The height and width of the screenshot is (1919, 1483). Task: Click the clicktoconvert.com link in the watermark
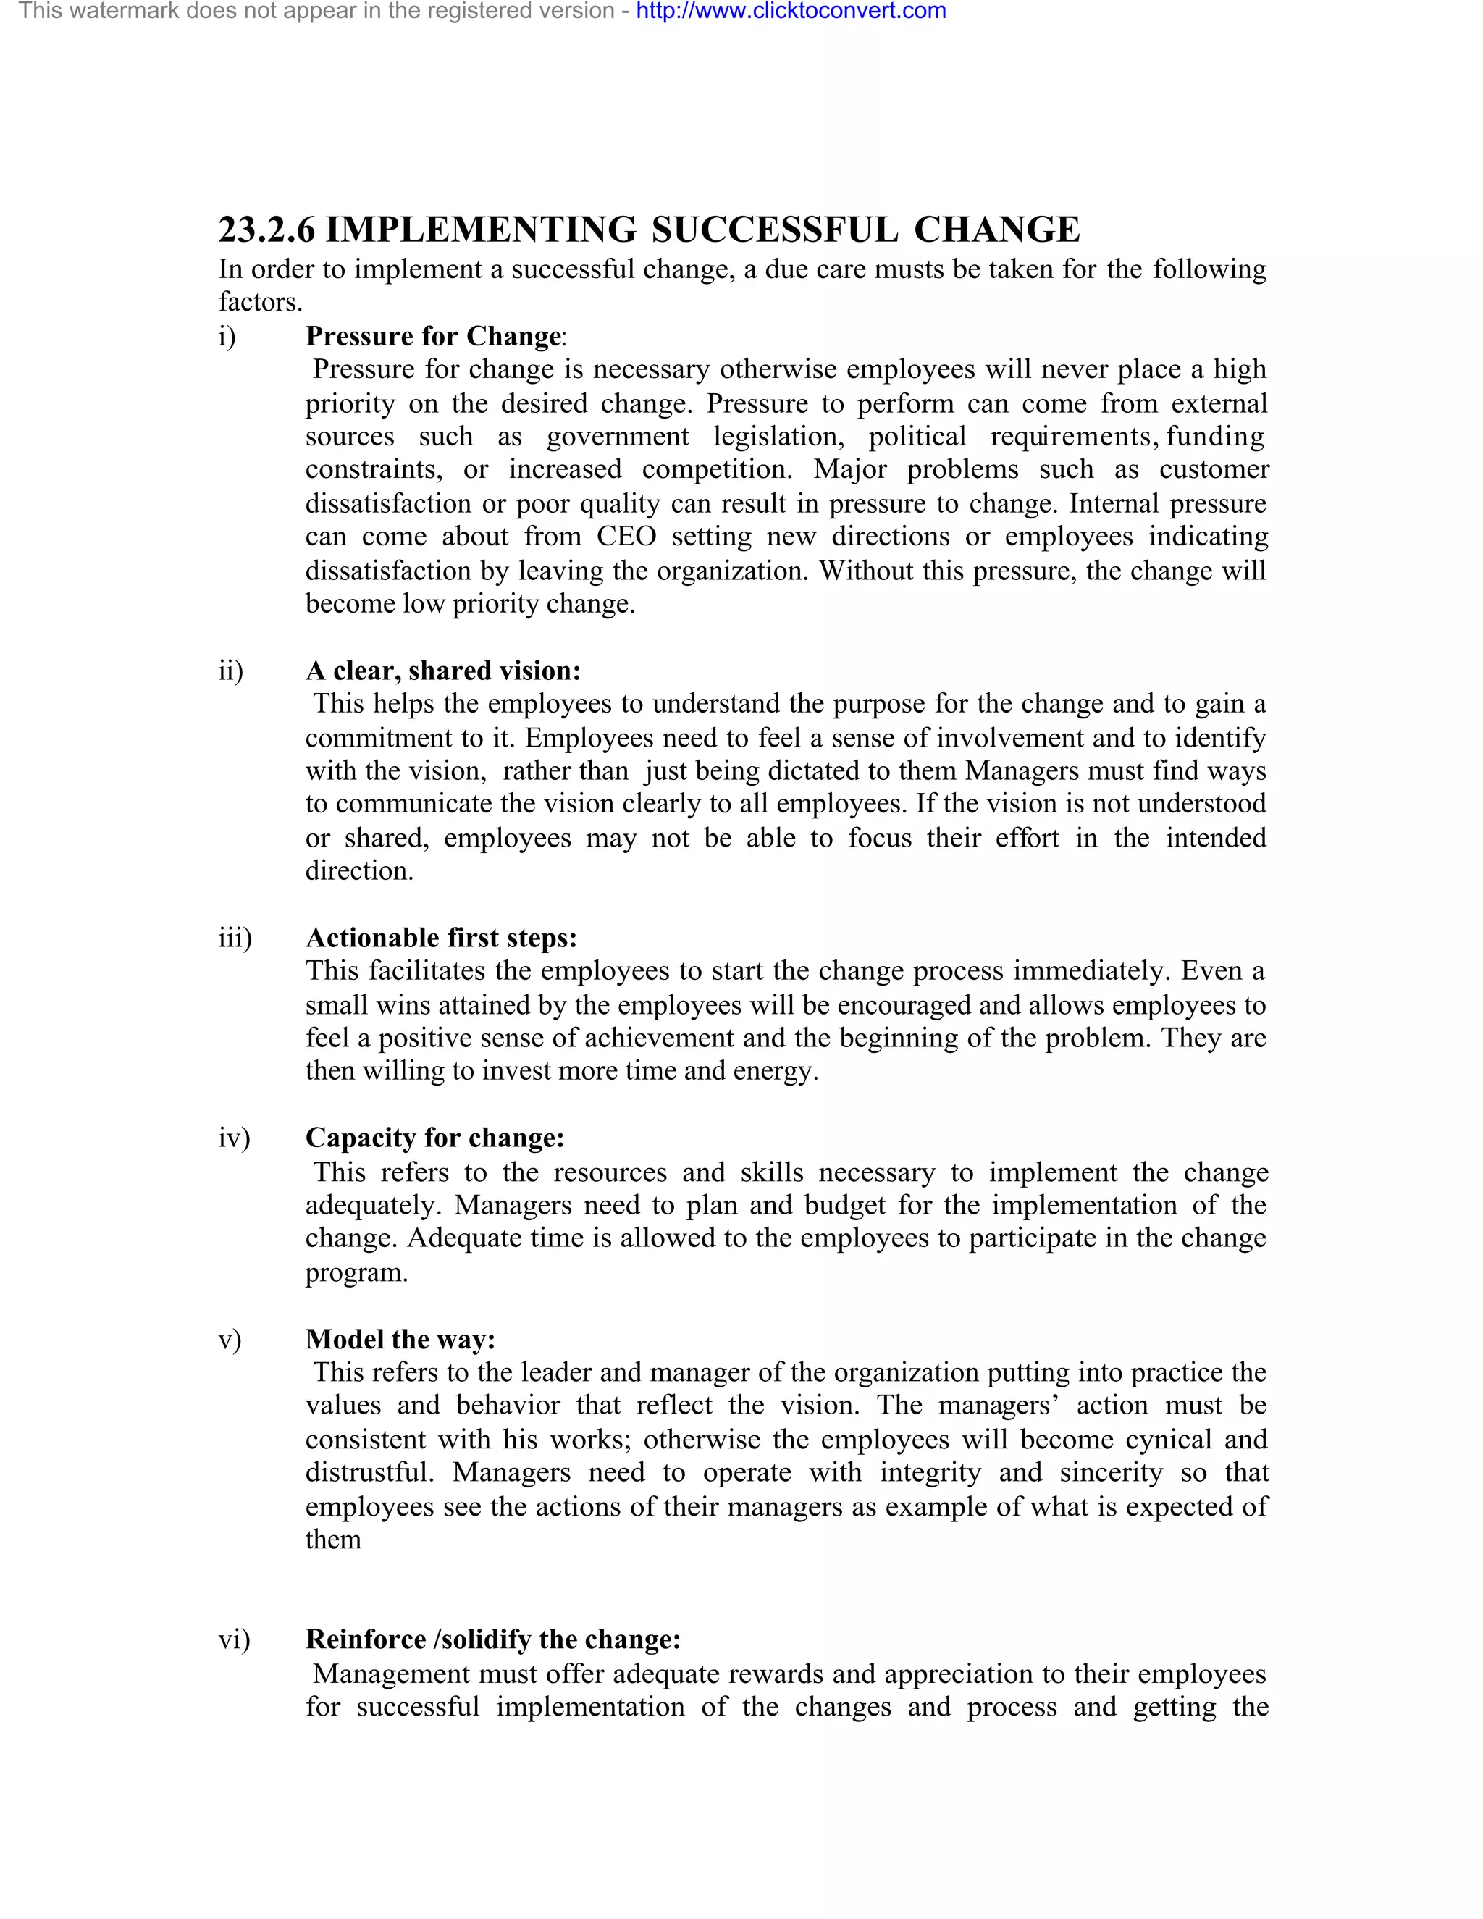[x=791, y=12]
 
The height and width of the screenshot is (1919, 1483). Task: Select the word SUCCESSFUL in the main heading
[x=775, y=230]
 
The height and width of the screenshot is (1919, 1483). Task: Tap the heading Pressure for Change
[x=433, y=337]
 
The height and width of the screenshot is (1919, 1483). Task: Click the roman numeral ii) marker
[x=230, y=671]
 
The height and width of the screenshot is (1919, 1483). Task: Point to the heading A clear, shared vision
[x=442, y=671]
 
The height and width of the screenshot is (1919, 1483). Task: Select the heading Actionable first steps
[x=441, y=938]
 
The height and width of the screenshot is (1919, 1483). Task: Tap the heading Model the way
[x=400, y=1339]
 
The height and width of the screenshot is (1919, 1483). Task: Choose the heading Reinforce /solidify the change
[x=493, y=1639]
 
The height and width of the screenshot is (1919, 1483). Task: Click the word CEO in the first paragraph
[x=626, y=537]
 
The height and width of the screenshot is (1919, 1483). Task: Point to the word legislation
[x=778, y=437]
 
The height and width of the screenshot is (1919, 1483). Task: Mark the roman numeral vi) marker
[x=234, y=1639]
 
